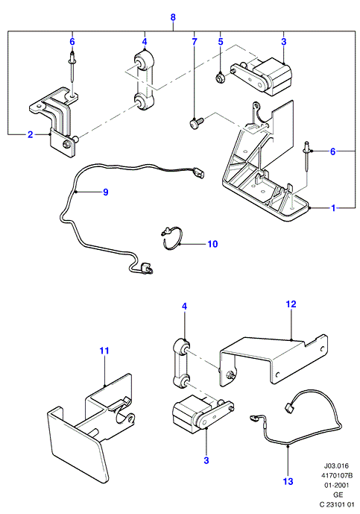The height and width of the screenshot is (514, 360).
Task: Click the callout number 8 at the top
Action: [x=173, y=17]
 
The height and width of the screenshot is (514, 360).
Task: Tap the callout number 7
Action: [x=195, y=42]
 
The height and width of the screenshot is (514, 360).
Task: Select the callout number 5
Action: [x=221, y=42]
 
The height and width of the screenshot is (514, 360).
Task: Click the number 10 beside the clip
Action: [x=212, y=244]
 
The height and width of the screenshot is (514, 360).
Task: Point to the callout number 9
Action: [x=106, y=192]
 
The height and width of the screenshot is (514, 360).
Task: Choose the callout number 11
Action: [x=104, y=351]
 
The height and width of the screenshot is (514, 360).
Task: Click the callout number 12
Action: [x=291, y=304]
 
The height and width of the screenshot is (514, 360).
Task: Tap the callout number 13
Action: [x=288, y=481]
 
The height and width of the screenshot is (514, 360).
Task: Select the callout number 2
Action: [x=30, y=134]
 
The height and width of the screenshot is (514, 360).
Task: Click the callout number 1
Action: [x=333, y=208]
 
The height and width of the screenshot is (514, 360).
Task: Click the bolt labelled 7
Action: [x=197, y=124]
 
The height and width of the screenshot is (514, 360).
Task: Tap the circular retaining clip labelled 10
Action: [x=171, y=238]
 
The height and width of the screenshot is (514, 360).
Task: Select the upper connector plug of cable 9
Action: [x=198, y=173]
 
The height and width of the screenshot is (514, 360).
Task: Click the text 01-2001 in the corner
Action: [x=336, y=485]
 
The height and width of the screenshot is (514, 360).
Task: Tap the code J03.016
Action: [x=336, y=466]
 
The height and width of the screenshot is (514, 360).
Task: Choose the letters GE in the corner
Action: [x=338, y=495]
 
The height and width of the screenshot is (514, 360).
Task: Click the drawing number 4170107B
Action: [x=336, y=475]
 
